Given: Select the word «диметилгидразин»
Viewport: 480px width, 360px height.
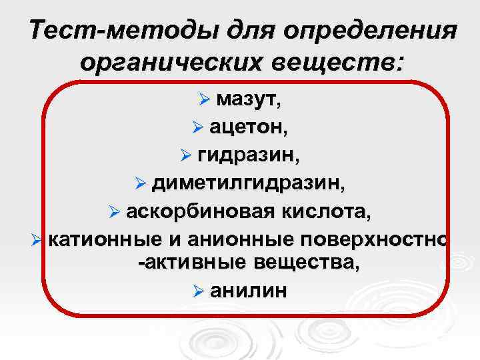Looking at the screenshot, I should (248, 183).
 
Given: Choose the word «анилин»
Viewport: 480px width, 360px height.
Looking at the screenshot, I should (249, 291).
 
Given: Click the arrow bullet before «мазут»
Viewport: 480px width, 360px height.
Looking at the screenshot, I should (204, 100).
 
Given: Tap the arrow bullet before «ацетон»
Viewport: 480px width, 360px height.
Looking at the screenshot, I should (196, 128).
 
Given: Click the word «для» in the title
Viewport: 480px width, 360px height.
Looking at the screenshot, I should (243, 31).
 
